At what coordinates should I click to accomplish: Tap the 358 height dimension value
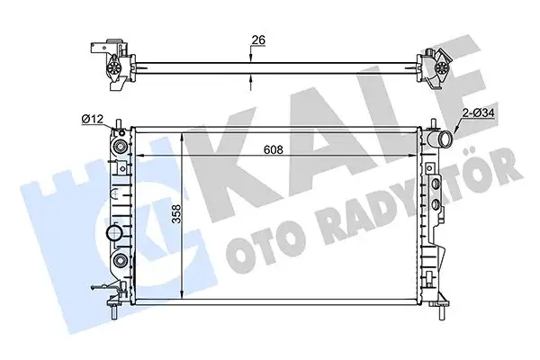point(179,216)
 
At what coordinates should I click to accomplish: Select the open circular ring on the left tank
point(115,235)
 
